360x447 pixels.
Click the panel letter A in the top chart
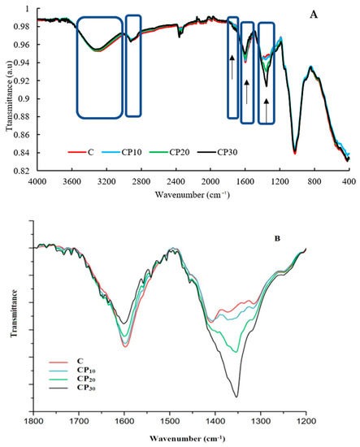(x=323, y=15)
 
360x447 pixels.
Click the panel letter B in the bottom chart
(x=277, y=238)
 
